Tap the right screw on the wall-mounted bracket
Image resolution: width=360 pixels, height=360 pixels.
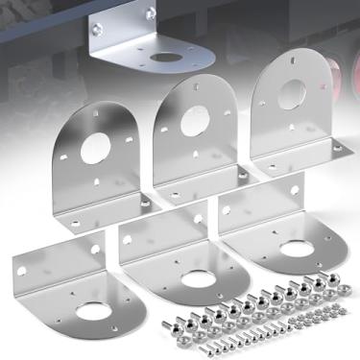[x=149, y=13]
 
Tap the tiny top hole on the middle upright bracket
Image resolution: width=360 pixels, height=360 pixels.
[x=194, y=88]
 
